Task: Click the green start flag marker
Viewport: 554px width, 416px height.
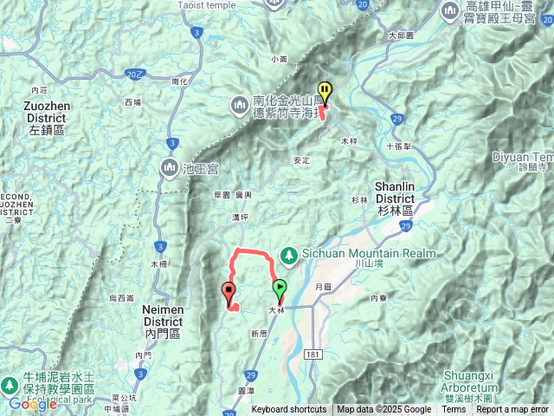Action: click(280, 289)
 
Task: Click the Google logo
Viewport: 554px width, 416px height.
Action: click(32, 403)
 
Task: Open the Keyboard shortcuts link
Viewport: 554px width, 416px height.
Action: click(289, 410)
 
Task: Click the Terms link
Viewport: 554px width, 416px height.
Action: click(454, 410)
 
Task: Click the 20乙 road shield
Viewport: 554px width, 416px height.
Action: click(132, 76)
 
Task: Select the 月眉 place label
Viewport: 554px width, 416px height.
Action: click(323, 286)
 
